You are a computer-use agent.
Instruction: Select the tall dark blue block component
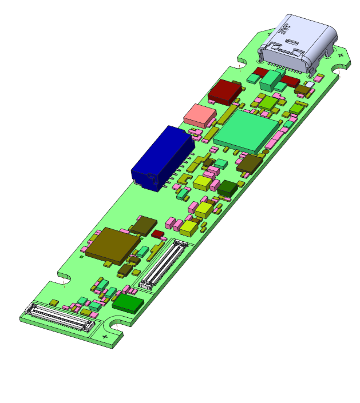click(x=160, y=157)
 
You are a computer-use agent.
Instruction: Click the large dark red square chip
click(x=226, y=90)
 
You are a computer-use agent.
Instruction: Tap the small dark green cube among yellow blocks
click(x=227, y=187)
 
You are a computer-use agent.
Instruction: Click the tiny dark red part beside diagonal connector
click(x=157, y=234)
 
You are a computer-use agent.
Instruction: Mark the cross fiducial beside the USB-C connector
click(x=341, y=55)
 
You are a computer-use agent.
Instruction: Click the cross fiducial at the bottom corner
click(x=105, y=337)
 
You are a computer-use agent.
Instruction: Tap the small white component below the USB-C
click(x=309, y=85)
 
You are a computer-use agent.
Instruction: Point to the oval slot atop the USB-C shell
click(x=292, y=42)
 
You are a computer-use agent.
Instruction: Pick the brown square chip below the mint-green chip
click(x=249, y=164)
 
